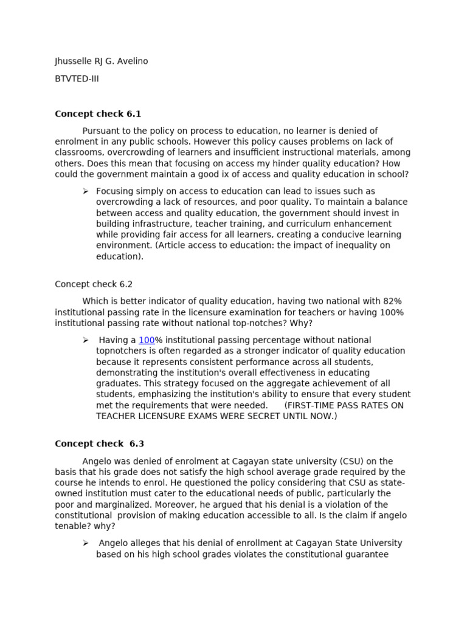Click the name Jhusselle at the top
coord(75,61)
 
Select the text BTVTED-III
coord(77,79)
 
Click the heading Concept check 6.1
coord(98,114)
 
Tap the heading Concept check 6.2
coord(94,284)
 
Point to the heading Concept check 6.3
coord(99,444)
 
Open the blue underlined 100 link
coord(147,340)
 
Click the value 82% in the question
coord(392,301)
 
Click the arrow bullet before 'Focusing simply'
coord(86,191)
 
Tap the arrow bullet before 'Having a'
coord(86,340)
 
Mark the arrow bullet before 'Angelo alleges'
coord(86,543)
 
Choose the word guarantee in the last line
coord(365,555)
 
